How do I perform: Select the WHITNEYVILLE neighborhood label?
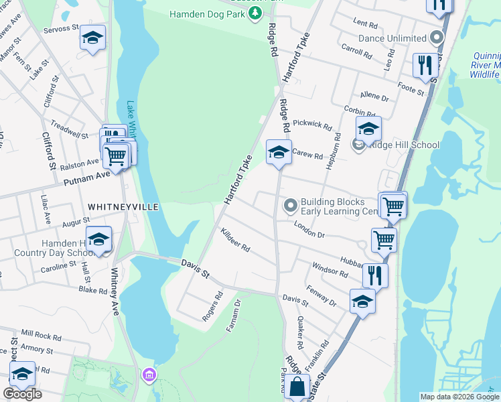coord(122,207)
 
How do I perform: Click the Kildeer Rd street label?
coord(234,240)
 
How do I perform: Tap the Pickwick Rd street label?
coord(312,125)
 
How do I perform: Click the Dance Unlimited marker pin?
coord(438,38)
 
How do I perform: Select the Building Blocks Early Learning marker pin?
coord(290,206)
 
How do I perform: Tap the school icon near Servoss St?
coord(92,38)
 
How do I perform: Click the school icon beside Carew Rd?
coord(279,152)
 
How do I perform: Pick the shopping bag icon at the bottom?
coord(296,387)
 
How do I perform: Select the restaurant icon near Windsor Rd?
coord(375,275)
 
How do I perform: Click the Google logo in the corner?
coord(22,394)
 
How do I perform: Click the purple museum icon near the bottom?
coord(149,375)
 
